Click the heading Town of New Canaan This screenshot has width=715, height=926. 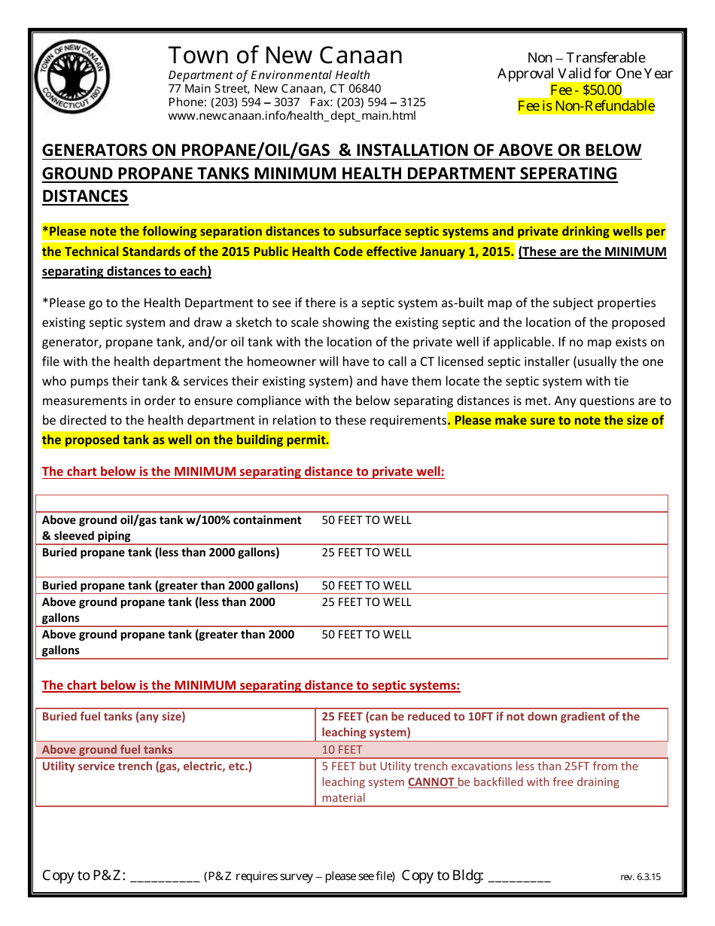(285, 56)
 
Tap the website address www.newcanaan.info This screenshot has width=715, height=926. (292, 116)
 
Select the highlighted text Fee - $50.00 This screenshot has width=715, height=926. (586, 90)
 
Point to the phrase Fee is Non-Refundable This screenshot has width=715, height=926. (586, 105)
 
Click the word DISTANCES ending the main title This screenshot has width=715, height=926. (85, 196)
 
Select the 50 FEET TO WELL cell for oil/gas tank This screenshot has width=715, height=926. (367, 520)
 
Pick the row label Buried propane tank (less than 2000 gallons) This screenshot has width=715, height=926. (160, 553)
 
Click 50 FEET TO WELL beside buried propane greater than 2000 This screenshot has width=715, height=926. (367, 586)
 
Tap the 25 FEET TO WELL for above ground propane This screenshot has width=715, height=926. (367, 602)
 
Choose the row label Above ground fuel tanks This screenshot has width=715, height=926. (107, 750)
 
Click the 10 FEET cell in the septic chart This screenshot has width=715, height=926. (342, 750)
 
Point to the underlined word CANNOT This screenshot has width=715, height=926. (431, 782)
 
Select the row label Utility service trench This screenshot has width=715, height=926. (147, 766)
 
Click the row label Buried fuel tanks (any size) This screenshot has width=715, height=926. (114, 717)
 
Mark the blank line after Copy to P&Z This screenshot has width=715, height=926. (165, 878)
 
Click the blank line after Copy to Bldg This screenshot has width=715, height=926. (519, 878)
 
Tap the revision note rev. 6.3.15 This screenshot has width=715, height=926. (640, 877)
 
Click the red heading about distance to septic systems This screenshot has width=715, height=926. (251, 685)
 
